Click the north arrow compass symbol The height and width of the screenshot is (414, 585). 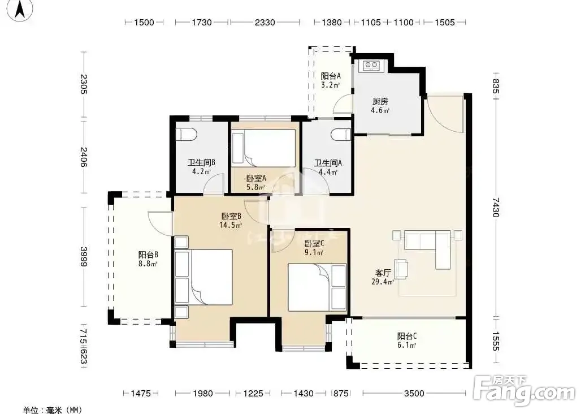pyautogui.click(x=20, y=10)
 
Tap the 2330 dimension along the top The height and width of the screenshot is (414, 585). pyautogui.click(x=265, y=23)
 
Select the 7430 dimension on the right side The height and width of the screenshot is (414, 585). pyautogui.click(x=496, y=207)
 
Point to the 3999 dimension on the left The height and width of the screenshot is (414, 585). pyautogui.click(x=84, y=257)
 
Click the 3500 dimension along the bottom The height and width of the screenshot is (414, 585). pyautogui.click(x=414, y=393)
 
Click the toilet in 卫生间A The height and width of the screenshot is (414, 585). pyautogui.click(x=341, y=135)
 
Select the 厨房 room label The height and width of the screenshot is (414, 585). pyautogui.click(x=380, y=102)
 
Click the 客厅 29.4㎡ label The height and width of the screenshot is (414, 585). pyautogui.click(x=383, y=277)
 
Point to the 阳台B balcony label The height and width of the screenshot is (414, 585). pyautogui.click(x=148, y=255)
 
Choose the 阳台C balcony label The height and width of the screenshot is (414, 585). pyautogui.click(x=406, y=336)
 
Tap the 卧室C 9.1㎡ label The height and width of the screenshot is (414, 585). pyautogui.click(x=314, y=248)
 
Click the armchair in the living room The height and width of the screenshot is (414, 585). pyautogui.click(x=401, y=269)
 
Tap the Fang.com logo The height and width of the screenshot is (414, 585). pyautogui.click(x=525, y=390)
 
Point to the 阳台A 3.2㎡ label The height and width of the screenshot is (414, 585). pyautogui.click(x=331, y=80)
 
